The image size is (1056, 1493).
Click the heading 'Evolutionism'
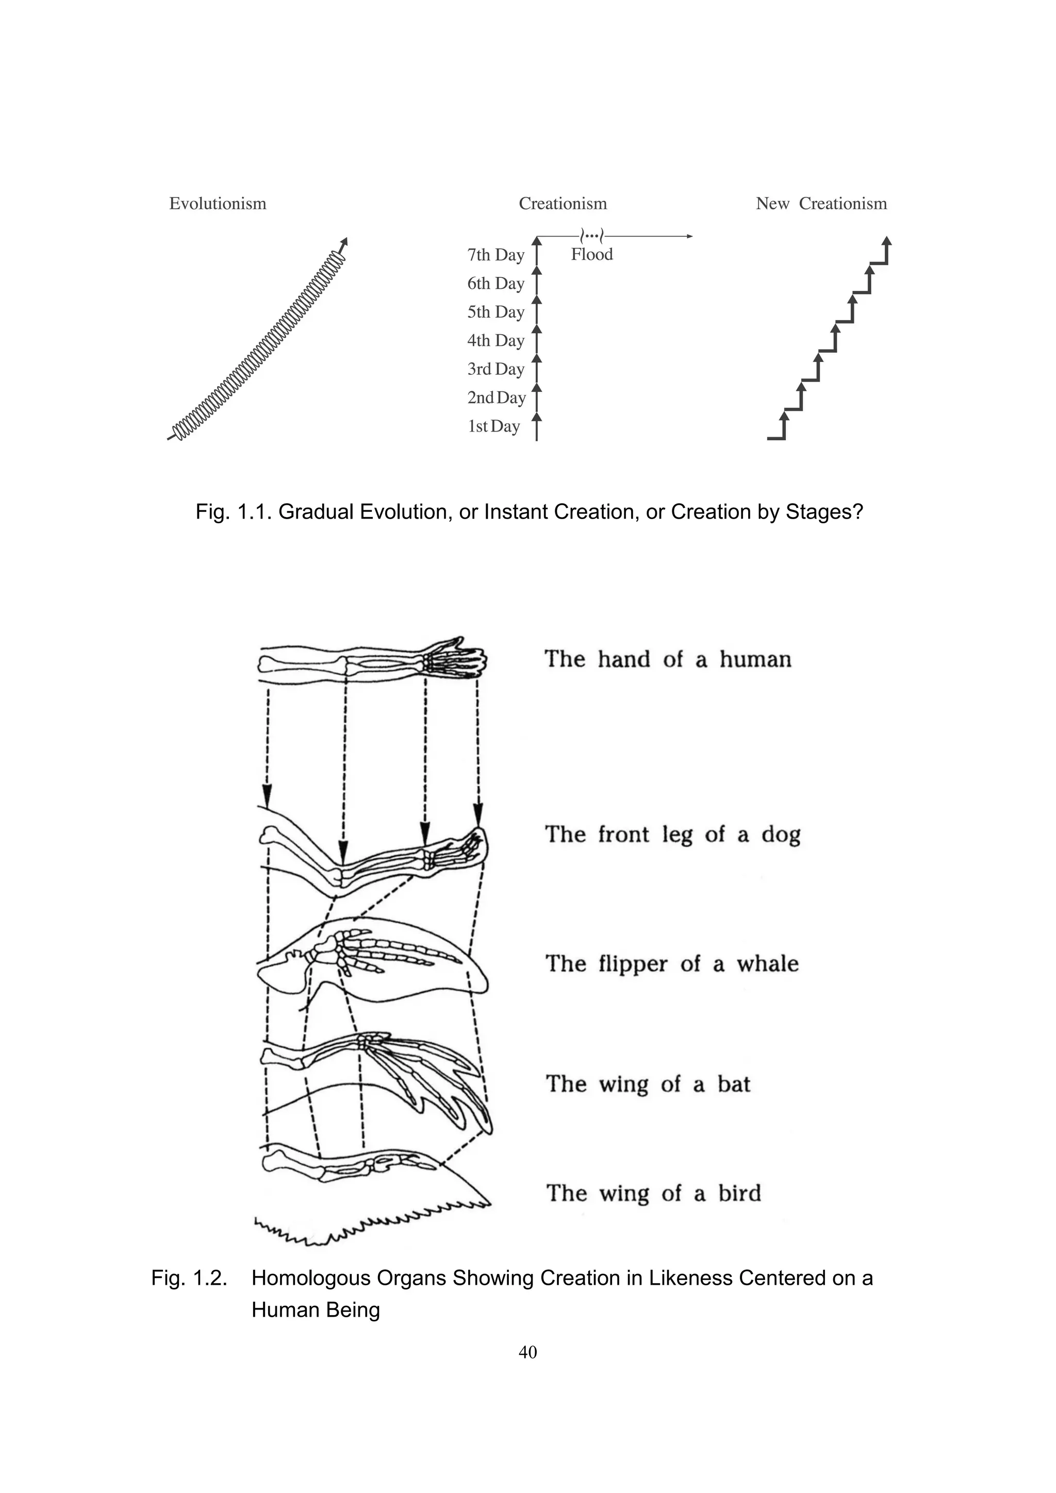pyautogui.click(x=217, y=204)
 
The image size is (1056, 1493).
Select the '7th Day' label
pyautogui.click(x=496, y=255)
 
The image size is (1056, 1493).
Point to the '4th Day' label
pyautogui.click(x=496, y=341)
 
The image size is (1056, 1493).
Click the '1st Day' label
pyautogui.click(x=493, y=426)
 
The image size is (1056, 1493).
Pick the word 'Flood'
pyautogui.click(x=592, y=254)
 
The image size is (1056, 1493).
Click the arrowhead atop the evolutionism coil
pyautogui.click(x=344, y=241)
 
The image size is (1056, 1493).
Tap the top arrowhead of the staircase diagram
pyautogui.click(x=887, y=241)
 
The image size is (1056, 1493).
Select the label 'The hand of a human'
pyautogui.click(x=668, y=659)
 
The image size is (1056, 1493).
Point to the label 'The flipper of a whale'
pyautogui.click(x=672, y=964)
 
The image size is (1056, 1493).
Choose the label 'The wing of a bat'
pyautogui.click(x=648, y=1084)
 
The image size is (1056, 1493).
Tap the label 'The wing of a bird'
pyautogui.click(x=653, y=1193)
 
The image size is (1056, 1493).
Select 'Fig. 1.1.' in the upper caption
pyautogui.click(x=234, y=512)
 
